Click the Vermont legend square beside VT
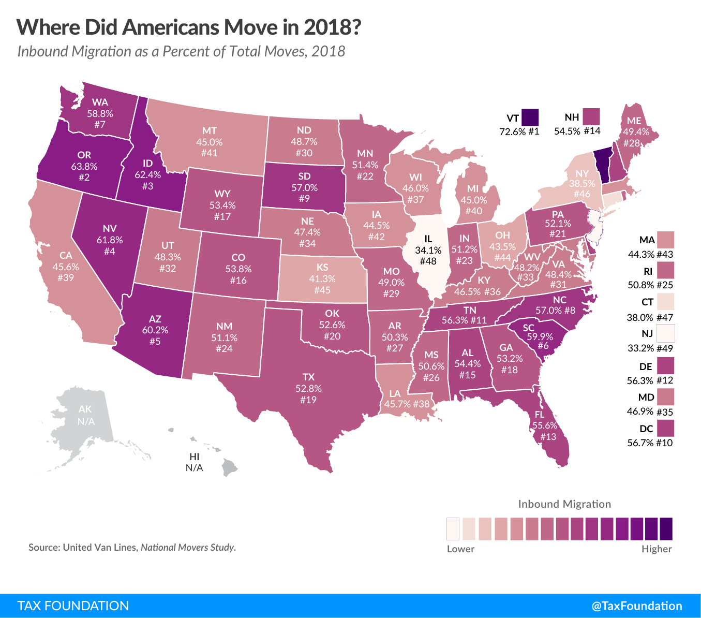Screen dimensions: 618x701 click(530, 117)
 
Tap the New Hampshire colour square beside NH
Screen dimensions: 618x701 click(590, 116)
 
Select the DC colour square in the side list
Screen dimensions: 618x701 click(666, 428)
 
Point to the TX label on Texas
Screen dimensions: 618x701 click(308, 377)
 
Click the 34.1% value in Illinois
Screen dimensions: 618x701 click(428, 250)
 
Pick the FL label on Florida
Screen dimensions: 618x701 click(540, 414)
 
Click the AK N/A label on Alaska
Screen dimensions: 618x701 click(86, 415)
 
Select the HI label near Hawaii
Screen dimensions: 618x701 click(195, 457)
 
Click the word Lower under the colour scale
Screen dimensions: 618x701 click(460, 549)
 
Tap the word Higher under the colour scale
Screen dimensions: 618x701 click(657, 549)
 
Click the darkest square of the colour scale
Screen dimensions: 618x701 click(666, 528)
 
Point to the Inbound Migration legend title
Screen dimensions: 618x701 click(564, 504)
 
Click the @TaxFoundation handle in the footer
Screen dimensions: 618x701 click(637, 606)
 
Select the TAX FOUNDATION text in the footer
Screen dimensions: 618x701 click(73, 606)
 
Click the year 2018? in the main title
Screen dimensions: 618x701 click(332, 27)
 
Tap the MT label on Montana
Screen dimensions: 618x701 click(210, 130)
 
